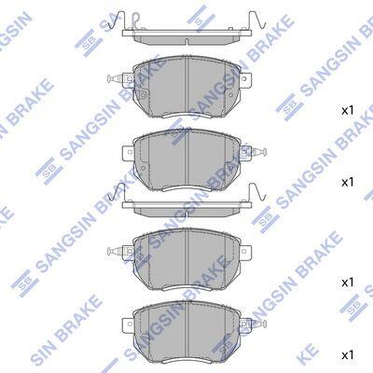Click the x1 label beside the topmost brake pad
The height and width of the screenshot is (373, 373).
pyautogui.click(x=348, y=110)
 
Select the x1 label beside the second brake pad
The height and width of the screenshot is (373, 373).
pyautogui.click(x=348, y=182)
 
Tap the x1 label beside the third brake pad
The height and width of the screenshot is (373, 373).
pyautogui.click(x=348, y=283)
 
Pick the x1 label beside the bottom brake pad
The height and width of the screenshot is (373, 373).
pyautogui.click(x=348, y=354)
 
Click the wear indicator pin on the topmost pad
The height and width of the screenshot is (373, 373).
pyautogui.click(x=116, y=78)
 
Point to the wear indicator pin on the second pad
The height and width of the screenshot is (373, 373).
pyautogui.click(x=258, y=152)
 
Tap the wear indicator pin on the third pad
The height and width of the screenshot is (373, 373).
pyautogui.click(x=116, y=251)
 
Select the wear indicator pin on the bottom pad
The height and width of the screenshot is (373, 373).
pyautogui.click(x=258, y=324)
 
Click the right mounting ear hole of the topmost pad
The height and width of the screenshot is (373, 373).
pyautogui.click(x=244, y=78)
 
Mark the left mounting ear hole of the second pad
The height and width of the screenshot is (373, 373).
pyautogui.click(x=130, y=152)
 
